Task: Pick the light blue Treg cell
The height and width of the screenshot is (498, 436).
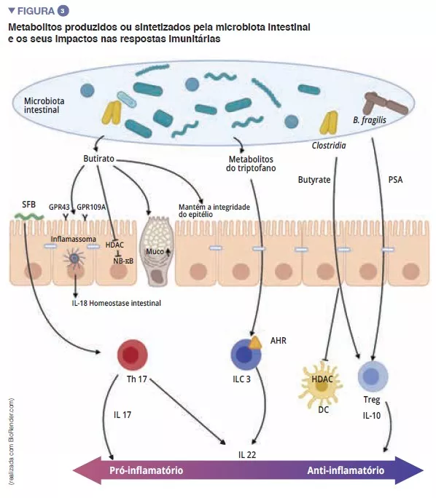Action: (372, 378)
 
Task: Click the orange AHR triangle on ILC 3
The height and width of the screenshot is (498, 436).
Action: (256, 342)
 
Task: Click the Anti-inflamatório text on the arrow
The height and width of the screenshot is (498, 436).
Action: (345, 470)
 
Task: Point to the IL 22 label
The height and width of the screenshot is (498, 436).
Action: (248, 454)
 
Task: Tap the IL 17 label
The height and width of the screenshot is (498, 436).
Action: (122, 415)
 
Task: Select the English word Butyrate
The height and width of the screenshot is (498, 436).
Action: (314, 178)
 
